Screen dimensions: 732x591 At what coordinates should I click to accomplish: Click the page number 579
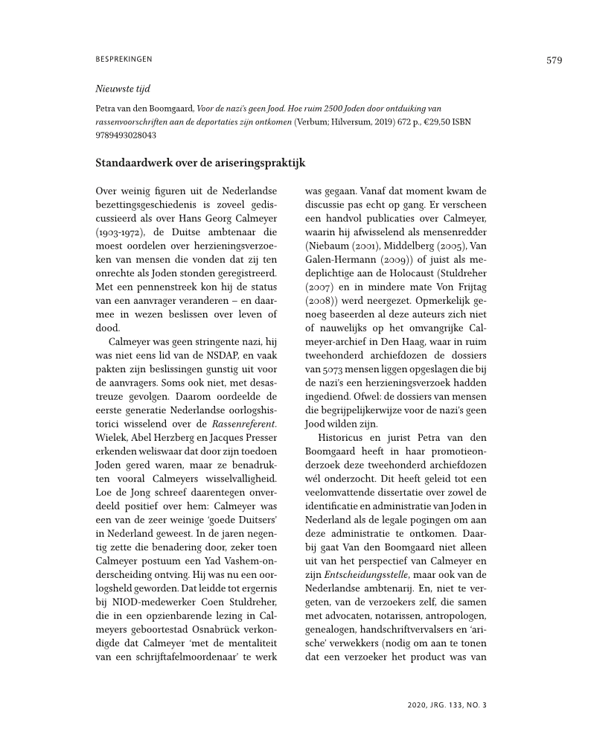(x=554, y=60)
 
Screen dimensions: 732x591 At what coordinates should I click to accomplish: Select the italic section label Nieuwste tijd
(x=123, y=89)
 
